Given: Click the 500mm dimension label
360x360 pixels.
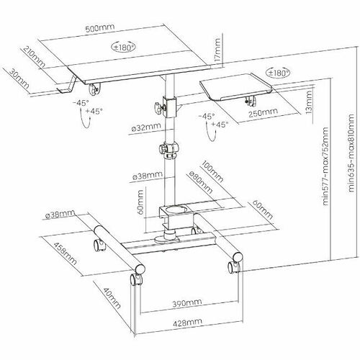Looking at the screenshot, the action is [100, 28].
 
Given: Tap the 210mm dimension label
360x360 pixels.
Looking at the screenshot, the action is [34, 57].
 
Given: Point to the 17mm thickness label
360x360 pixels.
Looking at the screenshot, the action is [217, 50].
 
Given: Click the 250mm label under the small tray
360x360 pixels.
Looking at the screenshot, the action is [263, 112].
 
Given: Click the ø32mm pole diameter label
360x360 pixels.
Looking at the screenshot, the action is [146, 127].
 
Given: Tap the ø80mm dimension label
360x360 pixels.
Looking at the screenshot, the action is [201, 183].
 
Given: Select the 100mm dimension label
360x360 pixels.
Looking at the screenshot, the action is [212, 171].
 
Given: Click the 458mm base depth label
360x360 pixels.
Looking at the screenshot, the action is [65, 253].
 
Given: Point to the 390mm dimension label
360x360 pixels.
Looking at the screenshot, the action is [187, 303].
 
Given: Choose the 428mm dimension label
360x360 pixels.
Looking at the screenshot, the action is [187, 322].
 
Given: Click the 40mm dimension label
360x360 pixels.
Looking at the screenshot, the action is [112, 298].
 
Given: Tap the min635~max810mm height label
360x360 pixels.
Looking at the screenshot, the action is [351, 153].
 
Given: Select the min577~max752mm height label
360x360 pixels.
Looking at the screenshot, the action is [325, 166].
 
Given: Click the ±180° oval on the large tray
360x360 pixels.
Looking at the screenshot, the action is [123, 47].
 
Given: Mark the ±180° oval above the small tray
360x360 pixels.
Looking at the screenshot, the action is [278, 73].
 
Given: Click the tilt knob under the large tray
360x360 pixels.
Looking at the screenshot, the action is [94, 89].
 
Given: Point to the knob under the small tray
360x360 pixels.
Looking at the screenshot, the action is [251, 101].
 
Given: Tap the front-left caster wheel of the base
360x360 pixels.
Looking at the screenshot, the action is [135, 279].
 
